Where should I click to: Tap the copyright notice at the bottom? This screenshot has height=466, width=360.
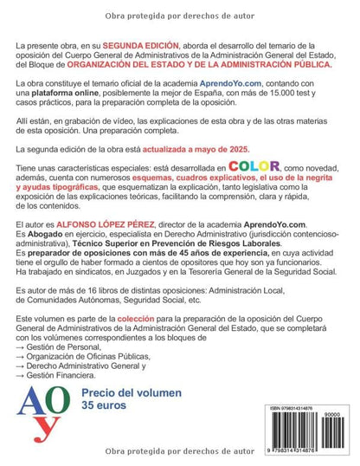point(179,452)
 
